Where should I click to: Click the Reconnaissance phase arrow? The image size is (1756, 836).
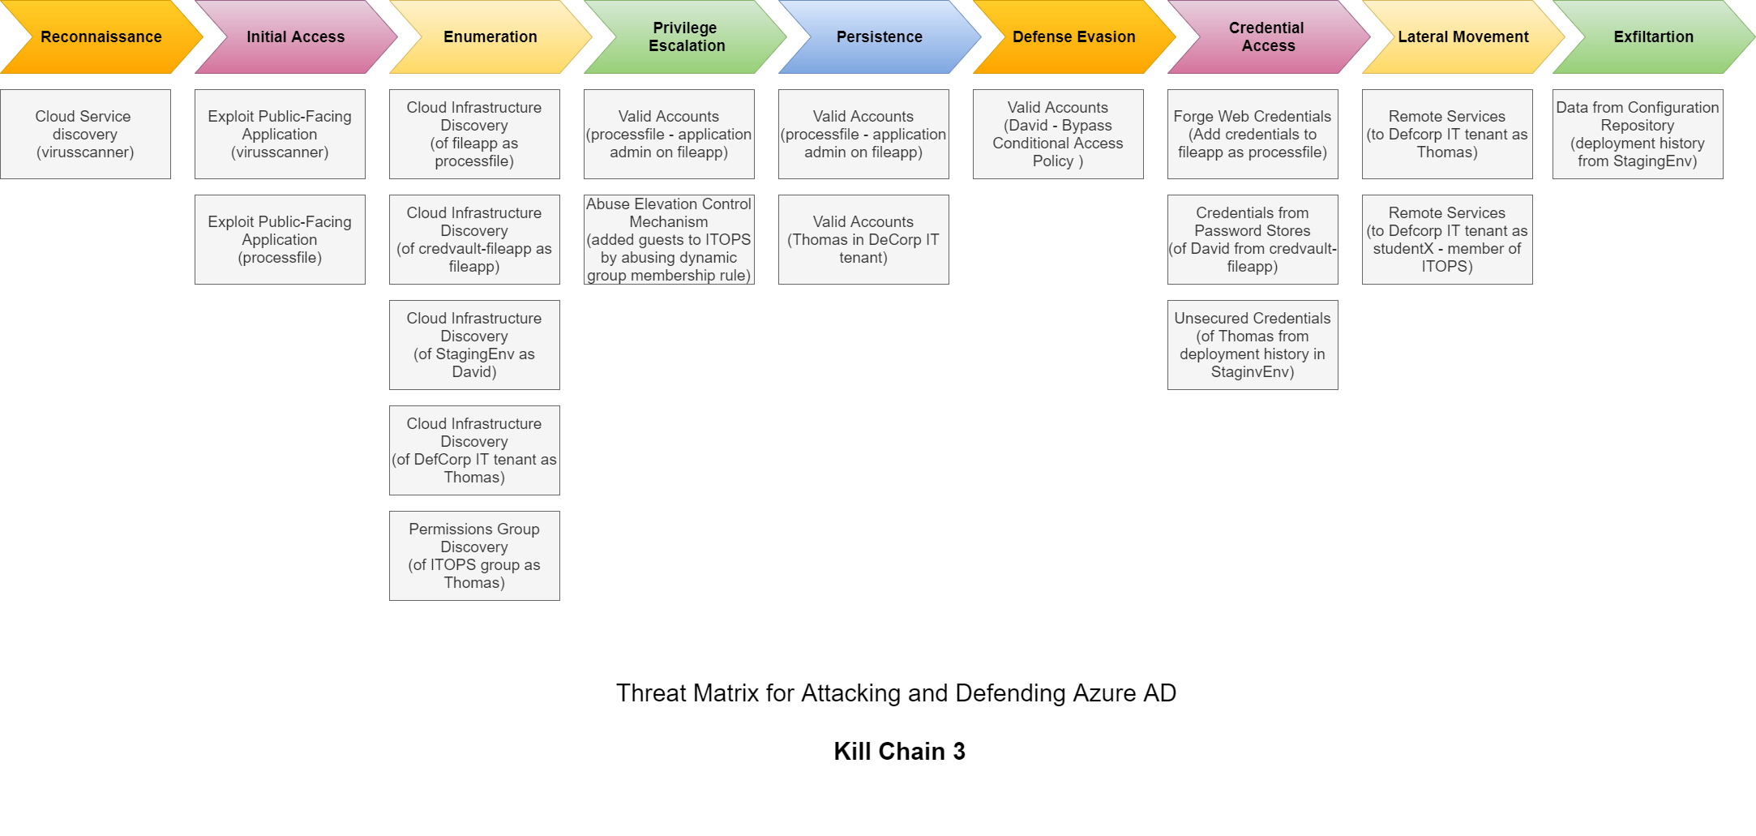coord(101,36)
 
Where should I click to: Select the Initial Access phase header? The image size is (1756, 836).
coord(296,36)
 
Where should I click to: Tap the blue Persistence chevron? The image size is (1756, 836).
coord(880,36)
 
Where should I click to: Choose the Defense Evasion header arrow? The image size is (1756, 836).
coord(1074,36)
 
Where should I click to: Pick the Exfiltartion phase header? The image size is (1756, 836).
coord(1654,36)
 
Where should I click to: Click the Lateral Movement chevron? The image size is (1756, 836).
coord(1463,36)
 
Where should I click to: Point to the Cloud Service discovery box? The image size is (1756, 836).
coord(85,134)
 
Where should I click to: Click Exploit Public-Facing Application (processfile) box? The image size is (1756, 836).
coord(280,239)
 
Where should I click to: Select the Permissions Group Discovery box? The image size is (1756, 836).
coord(474,555)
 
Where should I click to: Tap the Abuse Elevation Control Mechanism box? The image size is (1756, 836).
coord(669,239)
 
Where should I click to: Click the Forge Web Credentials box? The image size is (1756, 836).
coord(1253,134)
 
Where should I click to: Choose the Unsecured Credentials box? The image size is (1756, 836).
coord(1253,345)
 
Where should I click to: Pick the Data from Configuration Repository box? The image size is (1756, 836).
coord(1638,134)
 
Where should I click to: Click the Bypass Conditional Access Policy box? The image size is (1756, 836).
coord(1058,134)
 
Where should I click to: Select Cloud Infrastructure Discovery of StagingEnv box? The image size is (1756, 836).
coord(474,345)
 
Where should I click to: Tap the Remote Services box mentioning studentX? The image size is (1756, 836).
coord(1447,239)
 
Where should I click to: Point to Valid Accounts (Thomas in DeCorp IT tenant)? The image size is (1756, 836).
coord(863,239)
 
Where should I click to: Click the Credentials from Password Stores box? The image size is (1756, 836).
coord(1253,239)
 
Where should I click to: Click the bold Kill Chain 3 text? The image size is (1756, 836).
coord(899,752)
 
